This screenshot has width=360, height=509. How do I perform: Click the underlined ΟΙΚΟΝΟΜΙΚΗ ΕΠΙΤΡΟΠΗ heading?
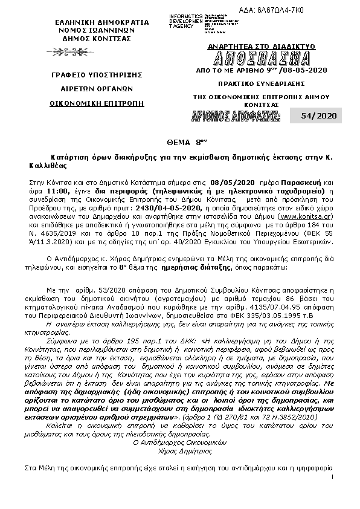coord(97,103)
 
